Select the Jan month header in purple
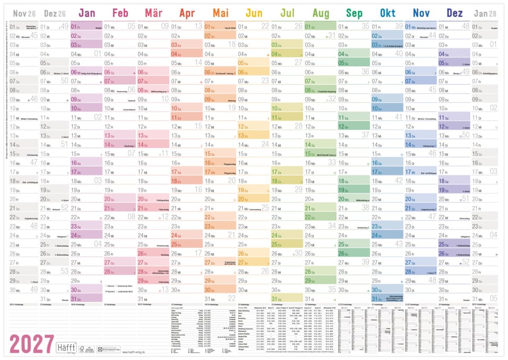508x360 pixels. pyautogui.click(x=86, y=13)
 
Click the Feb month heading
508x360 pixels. pyautogui.click(x=120, y=13)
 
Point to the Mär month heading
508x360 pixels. pyautogui.click(x=154, y=13)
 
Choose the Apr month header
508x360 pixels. pyautogui.click(x=187, y=13)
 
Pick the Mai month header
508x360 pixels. pyautogui.click(x=220, y=13)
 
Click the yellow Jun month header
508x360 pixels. pyautogui.click(x=254, y=13)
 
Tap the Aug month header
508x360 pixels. pyautogui.click(x=321, y=13)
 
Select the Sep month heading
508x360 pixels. pyautogui.click(x=354, y=13)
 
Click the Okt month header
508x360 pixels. pyautogui.click(x=388, y=13)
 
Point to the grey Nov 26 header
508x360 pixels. pyautogui.click(x=24, y=13)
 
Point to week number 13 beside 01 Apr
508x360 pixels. pyautogui.click(x=198, y=26)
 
